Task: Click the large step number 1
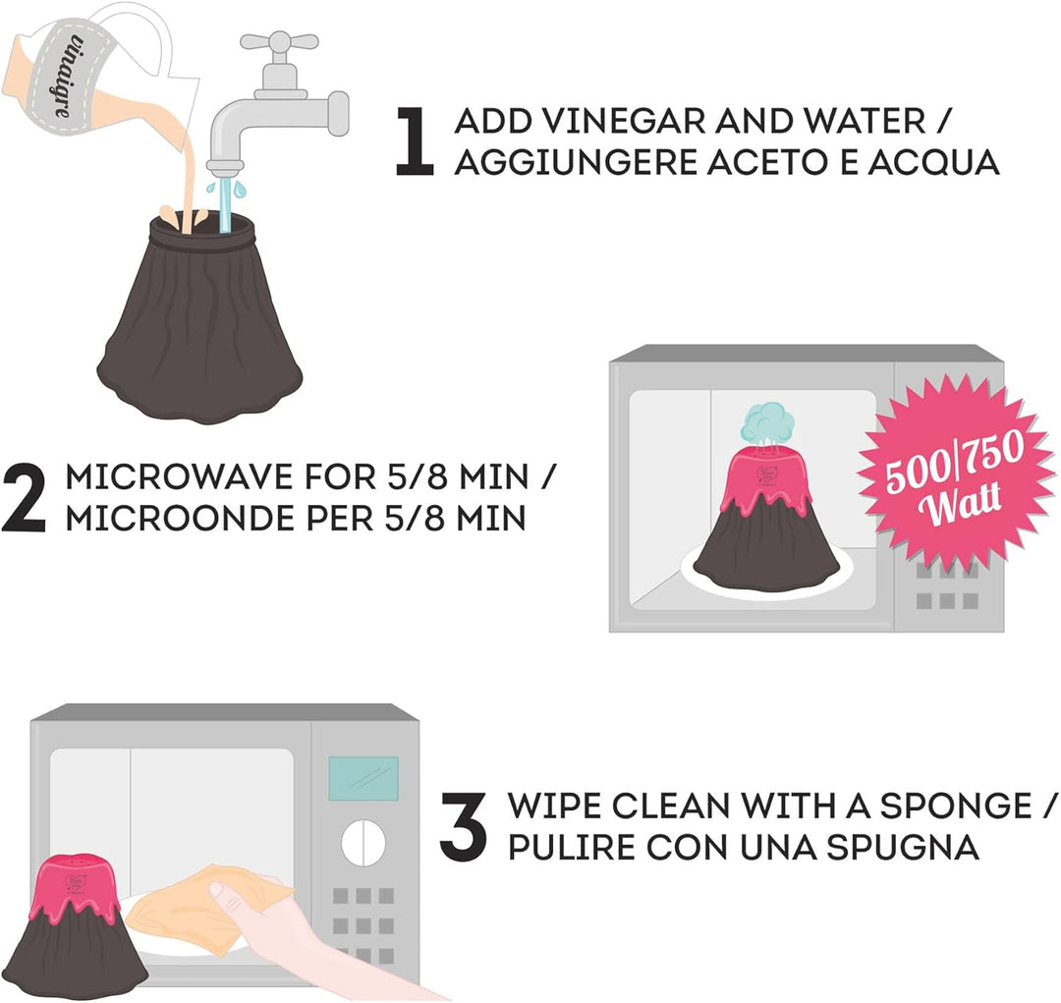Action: (414, 142)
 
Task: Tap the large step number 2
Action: (25, 498)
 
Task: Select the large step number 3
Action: (464, 826)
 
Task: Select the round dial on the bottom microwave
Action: (363, 843)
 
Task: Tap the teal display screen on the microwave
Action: (363, 778)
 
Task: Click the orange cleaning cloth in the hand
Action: (203, 900)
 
